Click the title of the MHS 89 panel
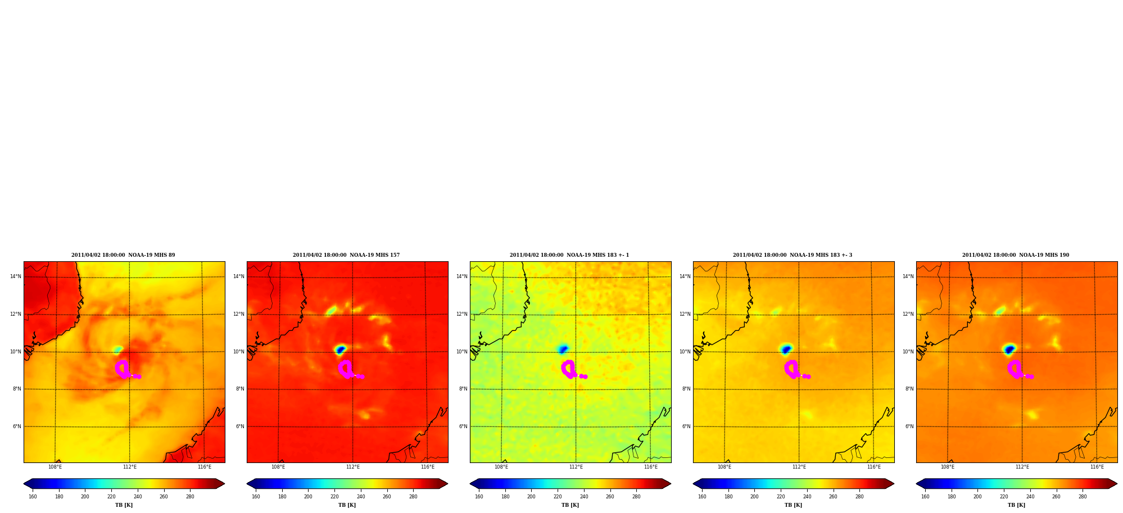123,255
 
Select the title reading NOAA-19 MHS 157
346,255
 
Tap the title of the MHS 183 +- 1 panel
569,255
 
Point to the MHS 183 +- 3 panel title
793,255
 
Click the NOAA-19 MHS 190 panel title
1016,255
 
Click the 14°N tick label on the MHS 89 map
16,276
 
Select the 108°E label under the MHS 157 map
278,467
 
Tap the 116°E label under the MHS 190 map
1097,467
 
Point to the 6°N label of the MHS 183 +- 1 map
463,426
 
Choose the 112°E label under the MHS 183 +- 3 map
799,467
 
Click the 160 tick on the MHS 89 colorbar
33,497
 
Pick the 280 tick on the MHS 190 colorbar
1083,497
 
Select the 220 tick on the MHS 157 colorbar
334,497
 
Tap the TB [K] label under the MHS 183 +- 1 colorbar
570,505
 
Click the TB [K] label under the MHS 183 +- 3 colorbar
793,505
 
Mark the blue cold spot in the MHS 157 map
340,349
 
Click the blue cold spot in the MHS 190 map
1009,349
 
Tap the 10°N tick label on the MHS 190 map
908,352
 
